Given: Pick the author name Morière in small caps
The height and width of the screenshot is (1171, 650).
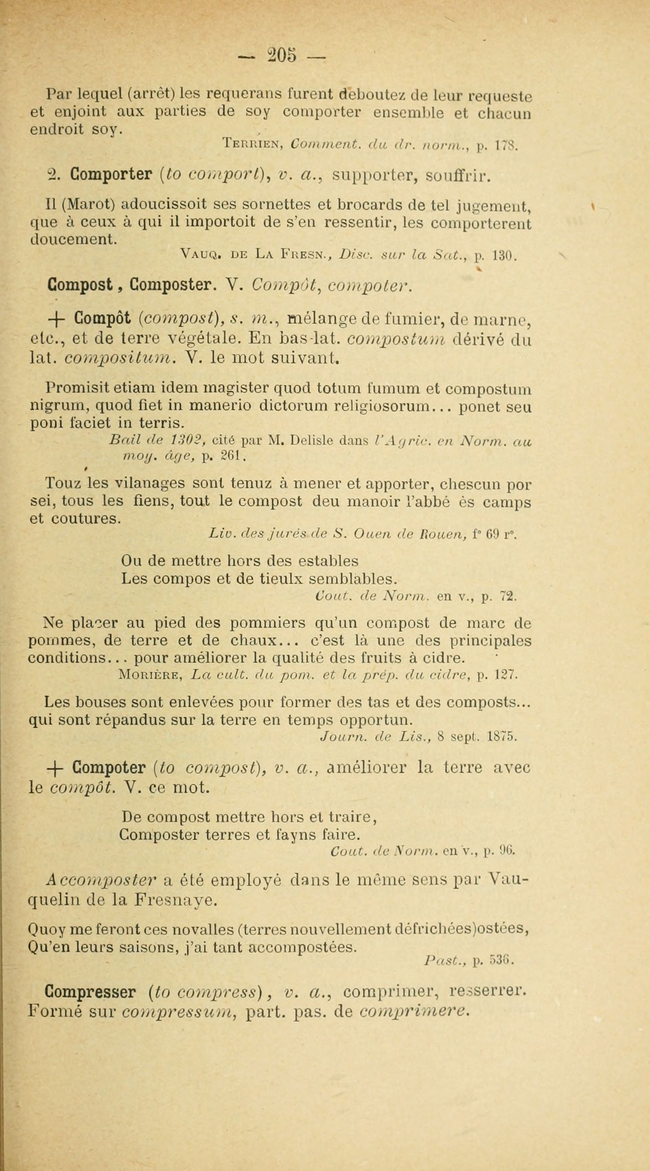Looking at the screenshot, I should tap(148, 676).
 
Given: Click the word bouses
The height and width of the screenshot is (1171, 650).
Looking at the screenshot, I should tap(97, 703).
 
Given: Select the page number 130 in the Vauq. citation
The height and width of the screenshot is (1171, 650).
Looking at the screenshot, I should tap(505, 255).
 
